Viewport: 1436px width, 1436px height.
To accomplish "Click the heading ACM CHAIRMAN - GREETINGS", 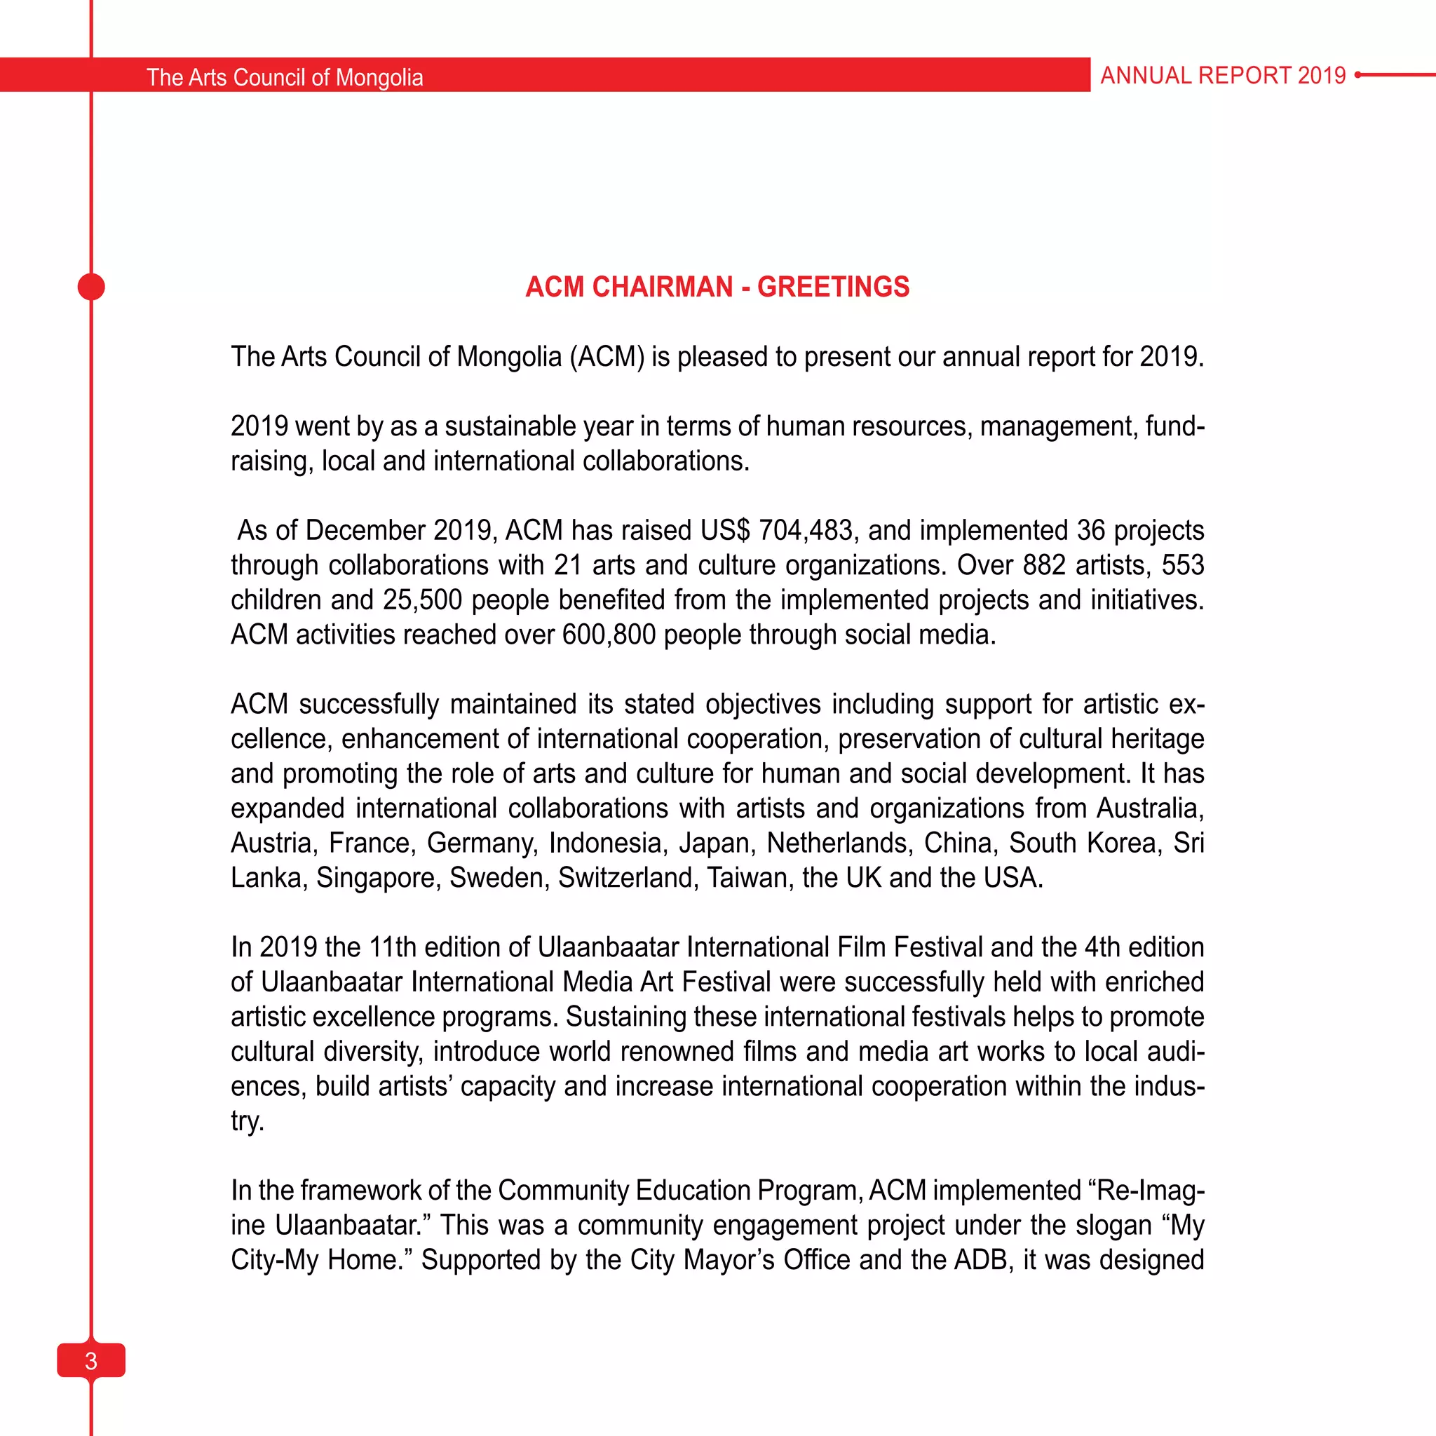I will tap(717, 287).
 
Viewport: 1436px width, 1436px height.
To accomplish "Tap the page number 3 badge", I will tap(90, 1360).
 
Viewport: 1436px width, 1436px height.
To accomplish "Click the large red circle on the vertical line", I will tap(90, 287).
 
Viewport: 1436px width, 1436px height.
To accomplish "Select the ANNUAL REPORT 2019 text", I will tap(1223, 75).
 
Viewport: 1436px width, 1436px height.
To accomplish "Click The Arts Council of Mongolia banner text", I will tap(285, 77).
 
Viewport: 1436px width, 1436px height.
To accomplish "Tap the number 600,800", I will tap(609, 635).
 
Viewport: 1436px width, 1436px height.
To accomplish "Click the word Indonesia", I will tap(606, 844).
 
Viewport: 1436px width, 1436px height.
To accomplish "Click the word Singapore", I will tap(379, 879).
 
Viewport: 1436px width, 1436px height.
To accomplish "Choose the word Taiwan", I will tap(750, 879).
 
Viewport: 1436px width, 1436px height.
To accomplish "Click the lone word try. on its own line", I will tap(247, 1122).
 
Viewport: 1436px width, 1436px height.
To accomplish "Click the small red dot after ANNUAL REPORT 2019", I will tap(1358, 75).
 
